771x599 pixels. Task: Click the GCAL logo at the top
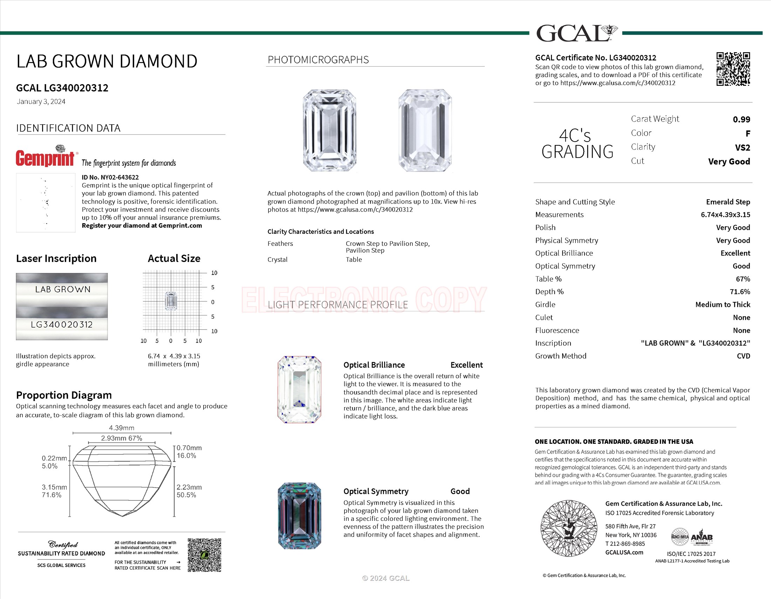click(576, 33)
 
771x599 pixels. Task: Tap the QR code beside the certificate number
click(733, 69)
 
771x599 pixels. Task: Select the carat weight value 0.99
click(741, 119)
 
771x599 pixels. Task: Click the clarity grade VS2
click(742, 147)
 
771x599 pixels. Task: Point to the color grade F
click(748, 134)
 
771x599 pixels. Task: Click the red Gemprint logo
click(45, 157)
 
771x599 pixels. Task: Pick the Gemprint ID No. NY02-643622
click(110, 178)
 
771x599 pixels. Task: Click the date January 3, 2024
click(41, 102)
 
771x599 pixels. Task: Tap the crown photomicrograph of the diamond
click(329, 131)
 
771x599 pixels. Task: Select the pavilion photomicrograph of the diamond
click(425, 131)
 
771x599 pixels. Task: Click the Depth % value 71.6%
click(740, 292)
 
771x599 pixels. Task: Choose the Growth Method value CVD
click(743, 356)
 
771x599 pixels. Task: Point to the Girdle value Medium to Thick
click(722, 304)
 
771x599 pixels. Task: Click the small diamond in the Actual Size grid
click(171, 301)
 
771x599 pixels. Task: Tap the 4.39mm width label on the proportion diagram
click(122, 428)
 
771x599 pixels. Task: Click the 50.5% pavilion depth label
click(186, 495)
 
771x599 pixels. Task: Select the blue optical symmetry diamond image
click(299, 516)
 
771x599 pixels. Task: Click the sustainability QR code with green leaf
click(204, 555)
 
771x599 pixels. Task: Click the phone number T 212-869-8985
click(625, 544)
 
